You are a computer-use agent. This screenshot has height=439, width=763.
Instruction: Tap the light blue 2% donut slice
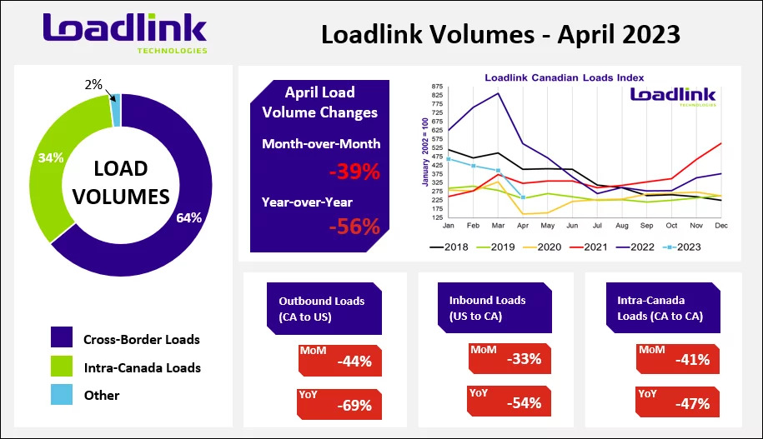pyautogui.click(x=116, y=111)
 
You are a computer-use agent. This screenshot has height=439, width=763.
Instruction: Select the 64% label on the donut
pyautogui.click(x=188, y=217)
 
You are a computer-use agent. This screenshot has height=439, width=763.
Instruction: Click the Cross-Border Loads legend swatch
pyautogui.click(x=62, y=337)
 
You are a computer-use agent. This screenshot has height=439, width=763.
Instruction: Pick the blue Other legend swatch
pyautogui.click(x=62, y=394)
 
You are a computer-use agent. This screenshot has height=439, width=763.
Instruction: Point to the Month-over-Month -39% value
pyautogui.click(x=354, y=172)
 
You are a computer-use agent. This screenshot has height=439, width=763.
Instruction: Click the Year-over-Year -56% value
pyautogui.click(x=354, y=227)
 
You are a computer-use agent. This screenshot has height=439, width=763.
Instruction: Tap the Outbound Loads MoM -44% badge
pyautogui.click(x=340, y=360)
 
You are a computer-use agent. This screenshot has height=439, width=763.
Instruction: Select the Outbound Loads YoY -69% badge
pyautogui.click(x=339, y=404)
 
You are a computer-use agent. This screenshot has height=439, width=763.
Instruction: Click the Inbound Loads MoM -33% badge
pyautogui.click(x=510, y=359)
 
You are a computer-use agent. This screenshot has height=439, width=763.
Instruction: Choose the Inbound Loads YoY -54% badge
pyautogui.click(x=509, y=401)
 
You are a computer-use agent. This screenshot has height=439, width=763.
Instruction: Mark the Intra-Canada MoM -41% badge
pyautogui.click(x=678, y=359)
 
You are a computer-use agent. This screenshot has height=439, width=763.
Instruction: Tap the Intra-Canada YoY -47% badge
pyautogui.click(x=677, y=402)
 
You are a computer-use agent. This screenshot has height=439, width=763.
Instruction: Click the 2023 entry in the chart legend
pyautogui.click(x=682, y=247)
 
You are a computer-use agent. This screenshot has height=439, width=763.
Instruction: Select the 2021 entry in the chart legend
pyautogui.click(x=589, y=247)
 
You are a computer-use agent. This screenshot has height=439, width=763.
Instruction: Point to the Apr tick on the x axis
pyautogui.click(x=523, y=226)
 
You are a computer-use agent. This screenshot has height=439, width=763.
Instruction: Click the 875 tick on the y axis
pyautogui.click(x=437, y=87)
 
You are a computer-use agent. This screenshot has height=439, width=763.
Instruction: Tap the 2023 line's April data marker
pyautogui.click(x=523, y=197)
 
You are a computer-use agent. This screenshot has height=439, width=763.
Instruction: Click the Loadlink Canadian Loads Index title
pyautogui.click(x=565, y=77)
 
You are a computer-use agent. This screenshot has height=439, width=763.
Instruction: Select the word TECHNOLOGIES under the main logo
pyautogui.click(x=173, y=51)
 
